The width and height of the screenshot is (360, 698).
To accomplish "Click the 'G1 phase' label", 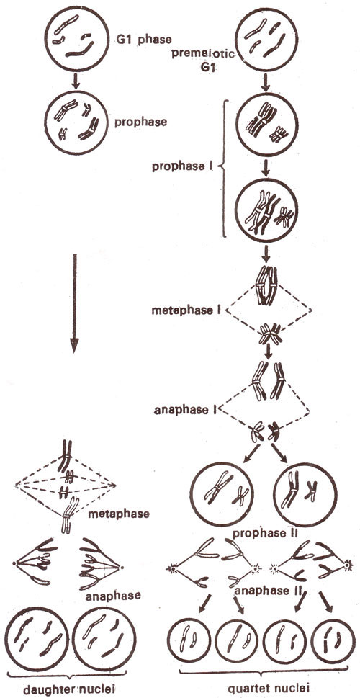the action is pos(143,39).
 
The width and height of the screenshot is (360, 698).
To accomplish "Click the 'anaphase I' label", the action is pos(183,410).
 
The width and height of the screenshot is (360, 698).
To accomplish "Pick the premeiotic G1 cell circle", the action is pos(266,41).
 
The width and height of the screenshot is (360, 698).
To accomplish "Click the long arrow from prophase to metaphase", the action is pos(74,303).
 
